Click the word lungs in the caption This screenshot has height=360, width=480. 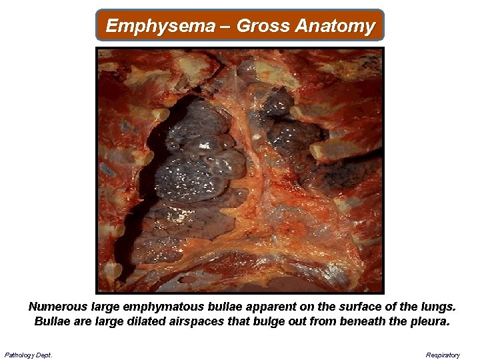[439, 307]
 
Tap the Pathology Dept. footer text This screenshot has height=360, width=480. [28, 355]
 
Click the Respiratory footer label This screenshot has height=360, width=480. [443, 355]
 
